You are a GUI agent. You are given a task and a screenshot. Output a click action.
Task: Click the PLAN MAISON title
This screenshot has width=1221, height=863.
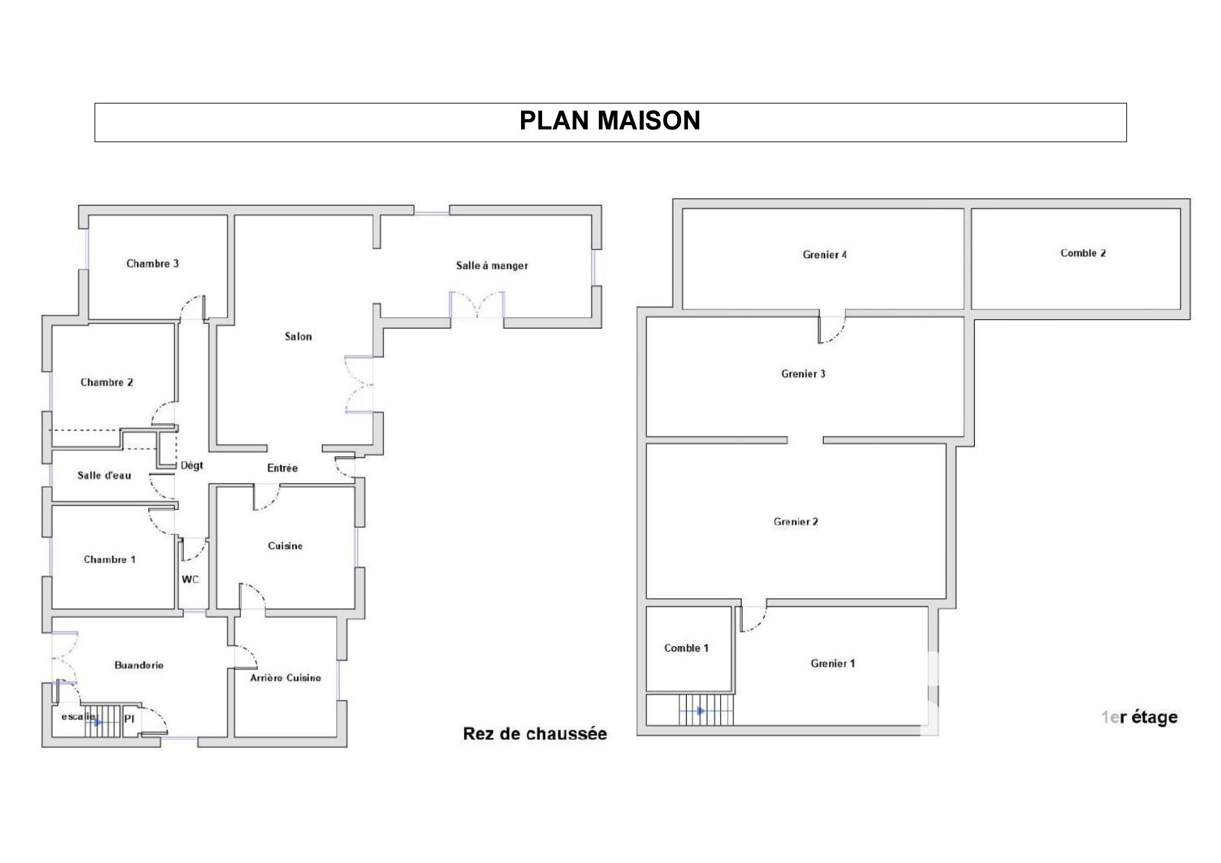(609, 121)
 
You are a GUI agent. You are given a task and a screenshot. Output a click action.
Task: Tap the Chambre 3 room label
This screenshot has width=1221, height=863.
(152, 264)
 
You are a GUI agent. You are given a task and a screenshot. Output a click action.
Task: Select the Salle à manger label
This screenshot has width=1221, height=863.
(492, 266)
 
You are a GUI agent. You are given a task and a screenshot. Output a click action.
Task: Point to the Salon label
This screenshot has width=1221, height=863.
(298, 337)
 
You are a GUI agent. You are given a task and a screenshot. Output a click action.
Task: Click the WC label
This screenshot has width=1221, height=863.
(190, 579)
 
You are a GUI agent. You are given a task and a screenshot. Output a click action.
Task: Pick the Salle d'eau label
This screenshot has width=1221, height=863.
(104, 476)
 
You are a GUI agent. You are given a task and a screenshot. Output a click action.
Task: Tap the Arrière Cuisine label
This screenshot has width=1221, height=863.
(286, 677)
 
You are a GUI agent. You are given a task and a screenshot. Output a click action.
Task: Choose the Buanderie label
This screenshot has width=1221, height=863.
(139, 666)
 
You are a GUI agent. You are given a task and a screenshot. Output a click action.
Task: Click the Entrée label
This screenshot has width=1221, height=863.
(282, 468)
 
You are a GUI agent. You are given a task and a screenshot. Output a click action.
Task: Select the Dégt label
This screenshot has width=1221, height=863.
(192, 465)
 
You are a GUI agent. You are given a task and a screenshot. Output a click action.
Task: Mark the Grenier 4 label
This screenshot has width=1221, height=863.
(825, 255)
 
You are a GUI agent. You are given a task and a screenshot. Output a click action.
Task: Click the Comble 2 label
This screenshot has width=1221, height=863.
(1083, 253)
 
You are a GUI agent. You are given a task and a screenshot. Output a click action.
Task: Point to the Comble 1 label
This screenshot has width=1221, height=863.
(687, 648)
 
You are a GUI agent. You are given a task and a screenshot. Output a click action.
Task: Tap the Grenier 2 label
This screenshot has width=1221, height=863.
(796, 522)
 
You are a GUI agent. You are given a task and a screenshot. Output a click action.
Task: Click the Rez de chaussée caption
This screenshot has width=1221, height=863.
(535, 734)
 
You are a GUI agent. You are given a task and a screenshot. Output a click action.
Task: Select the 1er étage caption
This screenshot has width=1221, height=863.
(1140, 717)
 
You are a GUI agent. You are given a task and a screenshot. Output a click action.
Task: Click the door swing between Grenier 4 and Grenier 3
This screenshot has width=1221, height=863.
(832, 330)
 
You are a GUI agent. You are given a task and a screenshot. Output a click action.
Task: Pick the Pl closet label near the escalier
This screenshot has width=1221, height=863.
(129, 719)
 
